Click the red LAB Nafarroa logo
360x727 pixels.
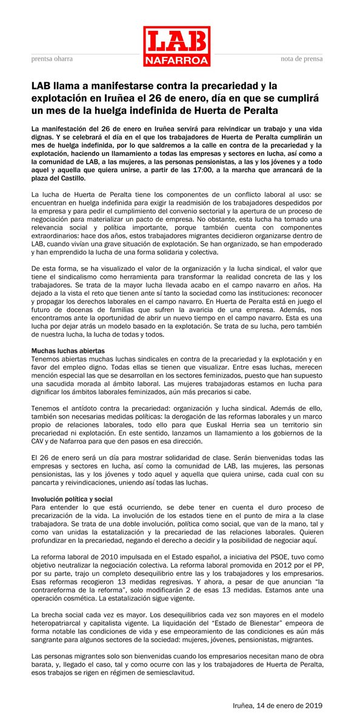pos(176,46)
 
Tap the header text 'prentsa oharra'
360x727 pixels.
pos(52,59)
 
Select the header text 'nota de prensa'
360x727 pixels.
pos(301,59)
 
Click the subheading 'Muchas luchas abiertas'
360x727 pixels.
pos(68,351)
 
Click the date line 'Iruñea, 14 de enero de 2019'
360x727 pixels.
pos(278,706)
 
